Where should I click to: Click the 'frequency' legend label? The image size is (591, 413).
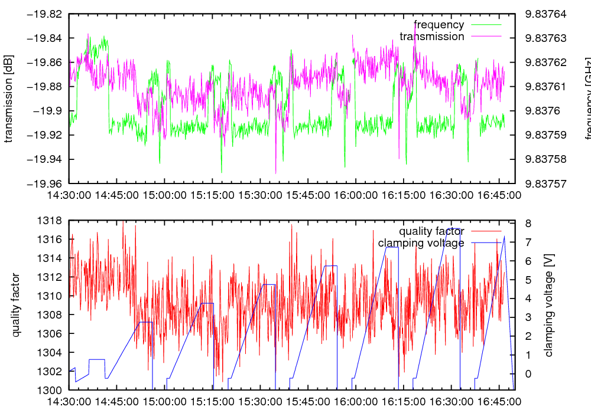point(439,25)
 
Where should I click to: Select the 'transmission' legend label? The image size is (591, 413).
point(432,37)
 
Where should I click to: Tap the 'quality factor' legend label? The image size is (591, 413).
point(431,231)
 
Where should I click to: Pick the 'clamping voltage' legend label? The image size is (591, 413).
point(421,243)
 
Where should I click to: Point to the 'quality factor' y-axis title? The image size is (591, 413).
point(16,305)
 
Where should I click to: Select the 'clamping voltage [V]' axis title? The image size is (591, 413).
point(549,305)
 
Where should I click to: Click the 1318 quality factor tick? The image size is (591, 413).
point(50,221)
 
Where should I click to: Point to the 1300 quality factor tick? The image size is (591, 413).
point(50,390)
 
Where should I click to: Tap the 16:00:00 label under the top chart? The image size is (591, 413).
point(354,195)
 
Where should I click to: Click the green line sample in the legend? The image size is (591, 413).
point(485,25)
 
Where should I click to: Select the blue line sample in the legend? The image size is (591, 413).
point(485,243)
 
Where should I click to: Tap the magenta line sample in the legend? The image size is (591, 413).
point(485,37)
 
